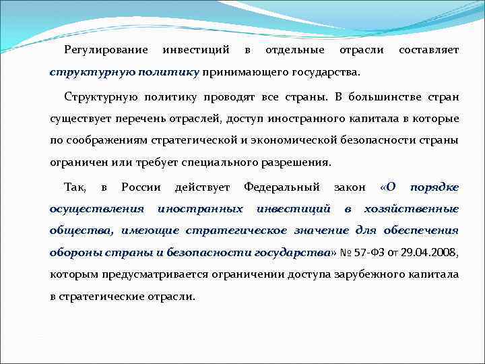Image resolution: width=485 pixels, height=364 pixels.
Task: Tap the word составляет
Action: coord(428,51)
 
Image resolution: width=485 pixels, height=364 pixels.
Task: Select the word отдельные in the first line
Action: coord(294,51)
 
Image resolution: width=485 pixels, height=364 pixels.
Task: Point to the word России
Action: coord(141,187)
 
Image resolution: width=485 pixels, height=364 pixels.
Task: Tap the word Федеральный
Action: coord(282,187)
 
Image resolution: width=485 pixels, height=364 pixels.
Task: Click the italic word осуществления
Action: coord(97,209)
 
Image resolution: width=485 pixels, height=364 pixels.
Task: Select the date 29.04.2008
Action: coord(432,253)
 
